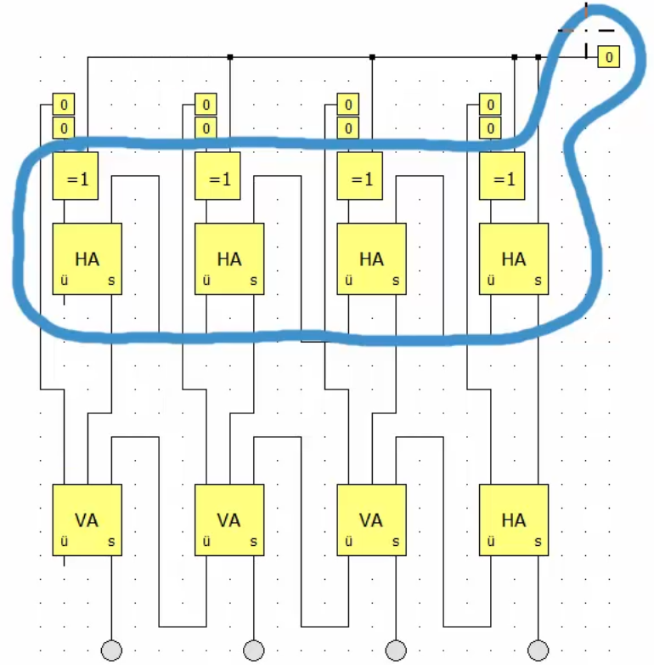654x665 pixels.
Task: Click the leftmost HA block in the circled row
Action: click(x=87, y=259)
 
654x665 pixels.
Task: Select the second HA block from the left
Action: click(x=229, y=259)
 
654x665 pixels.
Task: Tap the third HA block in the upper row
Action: click(x=371, y=259)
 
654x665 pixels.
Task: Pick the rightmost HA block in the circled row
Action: click(x=513, y=259)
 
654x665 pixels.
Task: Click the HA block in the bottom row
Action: click(x=513, y=520)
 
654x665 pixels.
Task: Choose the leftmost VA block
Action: click(x=87, y=520)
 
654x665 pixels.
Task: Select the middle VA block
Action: click(x=229, y=520)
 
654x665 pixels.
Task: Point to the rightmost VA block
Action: click(x=371, y=520)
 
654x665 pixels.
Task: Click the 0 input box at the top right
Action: click(x=609, y=57)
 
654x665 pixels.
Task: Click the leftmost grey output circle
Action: click(x=111, y=651)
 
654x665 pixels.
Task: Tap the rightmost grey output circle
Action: click(x=538, y=651)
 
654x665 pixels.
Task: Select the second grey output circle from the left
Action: click(x=253, y=651)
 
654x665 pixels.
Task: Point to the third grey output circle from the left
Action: click(x=395, y=651)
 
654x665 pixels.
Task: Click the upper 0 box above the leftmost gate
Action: click(x=65, y=105)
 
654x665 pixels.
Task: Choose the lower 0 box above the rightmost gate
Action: click(x=491, y=128)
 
